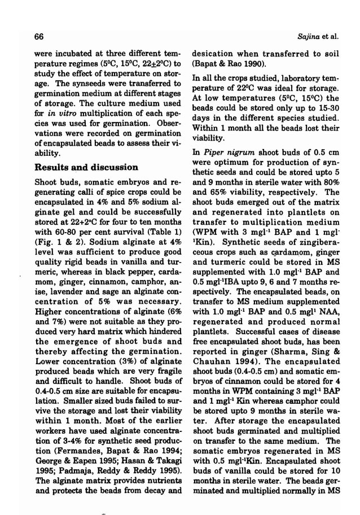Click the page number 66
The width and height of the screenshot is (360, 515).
[x=39, y=37]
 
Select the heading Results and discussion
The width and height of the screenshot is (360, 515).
[x=86, y=168]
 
